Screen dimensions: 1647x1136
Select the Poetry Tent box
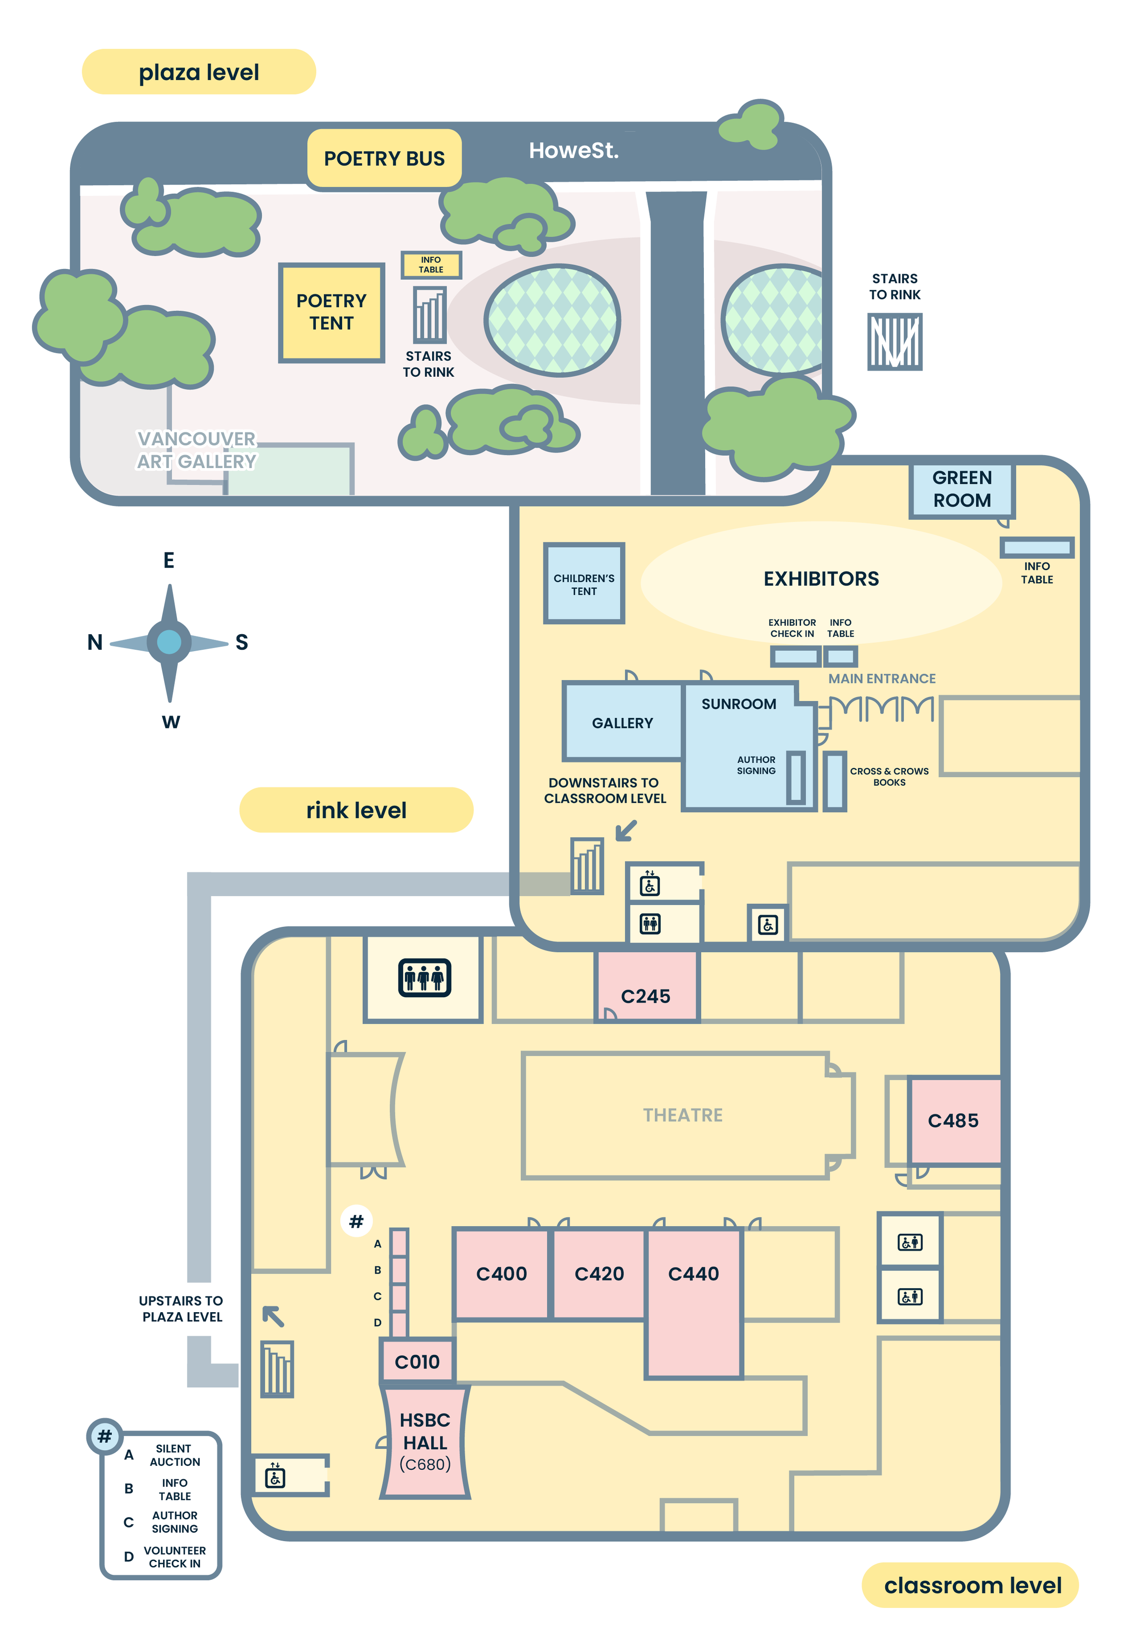tap(331, 313)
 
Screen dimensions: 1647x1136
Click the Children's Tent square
tap(583, 584)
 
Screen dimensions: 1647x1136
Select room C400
tap(501, 1274)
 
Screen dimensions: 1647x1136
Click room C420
tap(599, 1274)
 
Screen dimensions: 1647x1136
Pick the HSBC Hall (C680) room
tap(425, 1441)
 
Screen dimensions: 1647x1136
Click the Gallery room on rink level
tap(622, 722)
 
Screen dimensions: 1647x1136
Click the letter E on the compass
tap(169, 560)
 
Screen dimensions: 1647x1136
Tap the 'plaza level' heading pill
tap(199, 72)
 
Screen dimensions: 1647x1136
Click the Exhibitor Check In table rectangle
tap(795, 656)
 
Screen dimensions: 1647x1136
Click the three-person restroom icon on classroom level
tap(424, 977)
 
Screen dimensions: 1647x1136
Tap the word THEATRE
tap(683, 1115)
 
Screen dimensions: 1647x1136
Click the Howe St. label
tap(574, 150)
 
